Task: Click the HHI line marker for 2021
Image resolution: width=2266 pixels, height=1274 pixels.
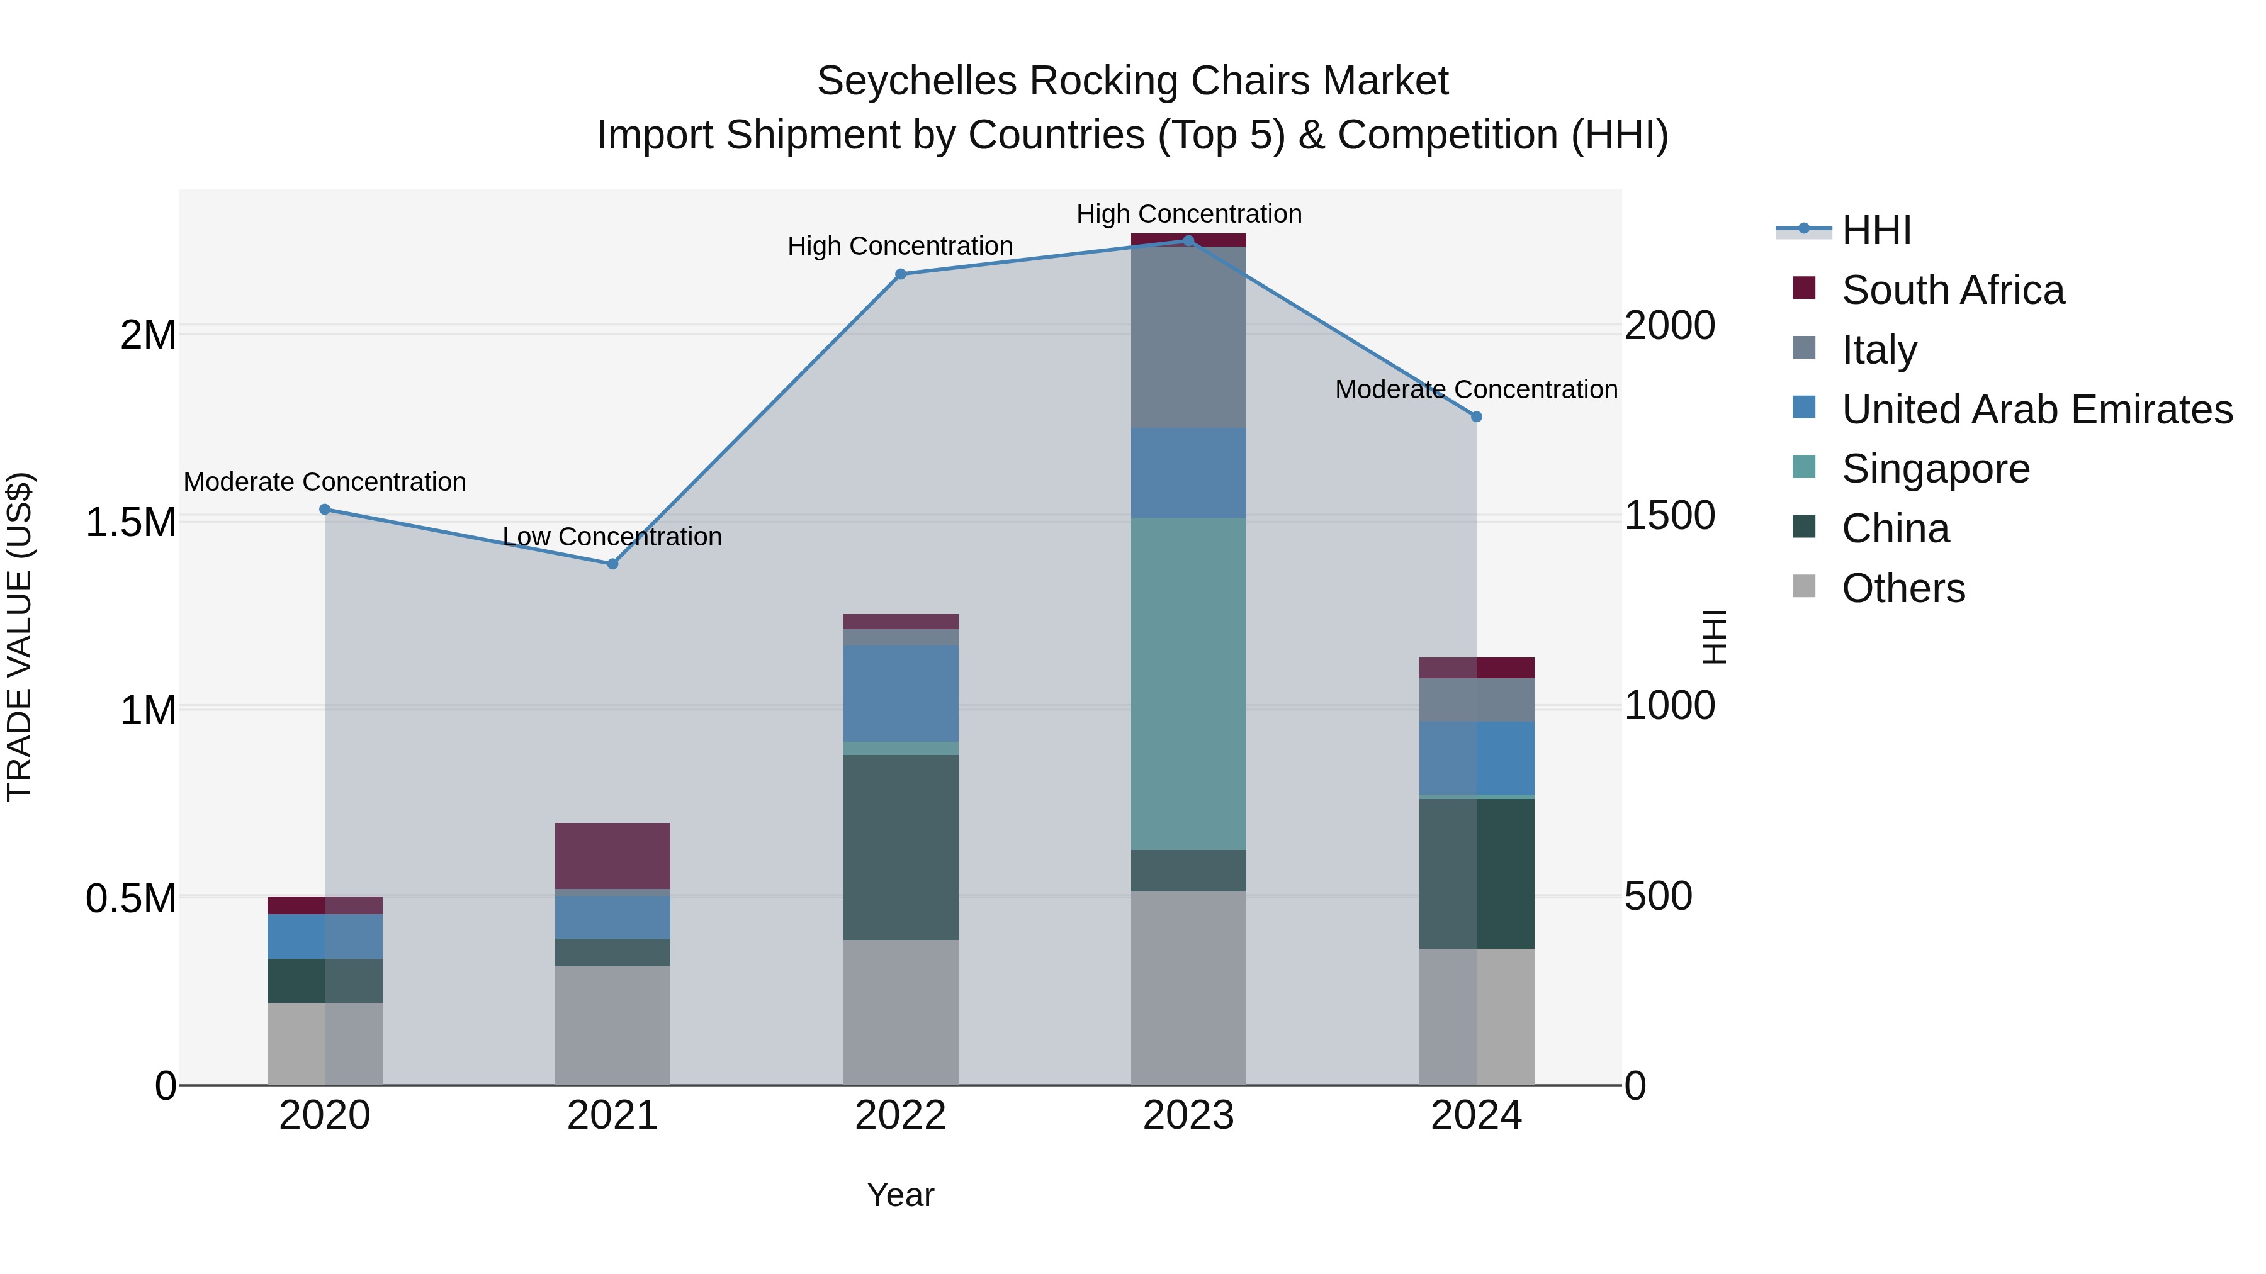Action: [612, 564]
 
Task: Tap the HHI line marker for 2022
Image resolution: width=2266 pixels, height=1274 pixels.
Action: [900, 274]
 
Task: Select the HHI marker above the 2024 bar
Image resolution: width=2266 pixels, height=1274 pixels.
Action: [1476, 416]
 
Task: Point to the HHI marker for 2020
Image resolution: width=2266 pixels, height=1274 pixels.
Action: [325, 509]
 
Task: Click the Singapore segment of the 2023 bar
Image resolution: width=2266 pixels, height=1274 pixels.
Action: [1188, 683]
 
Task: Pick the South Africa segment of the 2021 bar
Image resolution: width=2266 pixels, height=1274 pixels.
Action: [612, 856]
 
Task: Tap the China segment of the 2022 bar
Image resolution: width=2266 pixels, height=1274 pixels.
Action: [900, 847]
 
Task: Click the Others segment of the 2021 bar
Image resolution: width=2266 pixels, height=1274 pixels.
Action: [612, 1025]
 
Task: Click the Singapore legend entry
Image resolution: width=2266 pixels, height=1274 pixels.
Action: [1936, 469]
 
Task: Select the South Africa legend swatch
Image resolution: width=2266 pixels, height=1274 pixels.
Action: [1803, 288]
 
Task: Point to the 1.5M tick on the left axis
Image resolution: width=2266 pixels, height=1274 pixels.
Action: [130, 522]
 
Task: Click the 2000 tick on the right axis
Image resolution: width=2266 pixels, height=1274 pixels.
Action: [1669, 326]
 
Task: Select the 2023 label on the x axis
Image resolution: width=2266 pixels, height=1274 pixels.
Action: [1188, 1115]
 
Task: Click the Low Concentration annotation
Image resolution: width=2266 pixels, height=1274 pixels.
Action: [612, 536]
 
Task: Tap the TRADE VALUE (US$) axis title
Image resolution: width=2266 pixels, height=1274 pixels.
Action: [20, 637]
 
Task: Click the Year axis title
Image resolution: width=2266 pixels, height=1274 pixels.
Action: [900, 1195]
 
